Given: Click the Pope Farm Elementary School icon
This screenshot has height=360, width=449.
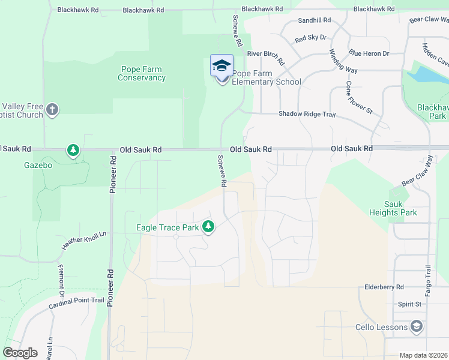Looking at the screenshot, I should click(x=221, y=65).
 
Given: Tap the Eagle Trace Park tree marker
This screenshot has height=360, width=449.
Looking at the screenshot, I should click(x=208, y=226).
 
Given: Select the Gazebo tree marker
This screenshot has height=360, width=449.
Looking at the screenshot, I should click(x=73, y=149).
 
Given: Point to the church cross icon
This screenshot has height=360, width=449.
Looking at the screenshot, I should click(x=53, y=109).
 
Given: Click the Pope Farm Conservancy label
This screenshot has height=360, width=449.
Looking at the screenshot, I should click(x=142, y=74).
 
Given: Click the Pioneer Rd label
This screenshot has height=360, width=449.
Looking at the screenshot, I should click(x=112, y=175).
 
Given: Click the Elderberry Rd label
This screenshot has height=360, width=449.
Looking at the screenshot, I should click(x=384, y=287).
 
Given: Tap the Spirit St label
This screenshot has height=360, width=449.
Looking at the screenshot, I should click(x=409, y=304).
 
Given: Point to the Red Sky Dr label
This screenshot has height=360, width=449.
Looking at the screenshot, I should click(x=310, y=38).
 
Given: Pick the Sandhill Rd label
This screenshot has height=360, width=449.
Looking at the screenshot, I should click(x=315, y=20).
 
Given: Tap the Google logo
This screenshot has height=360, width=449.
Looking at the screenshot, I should click(x=20, y=353).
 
